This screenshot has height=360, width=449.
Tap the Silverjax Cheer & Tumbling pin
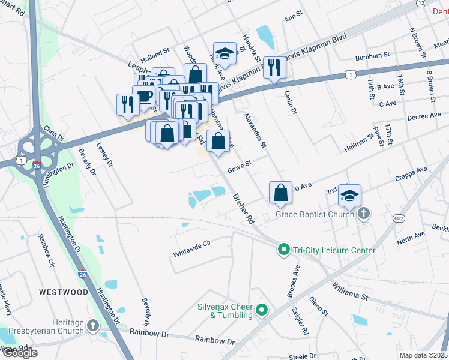click(x=261, y=310)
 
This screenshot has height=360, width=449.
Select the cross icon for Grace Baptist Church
click(x=364, y=214)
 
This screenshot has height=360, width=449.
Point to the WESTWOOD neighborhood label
click(x=64, y=292)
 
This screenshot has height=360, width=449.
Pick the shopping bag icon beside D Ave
click(x=280, y=193)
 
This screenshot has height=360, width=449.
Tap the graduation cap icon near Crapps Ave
click(x=349, y=196)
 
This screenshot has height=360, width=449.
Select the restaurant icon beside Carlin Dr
click(x=274, y=68)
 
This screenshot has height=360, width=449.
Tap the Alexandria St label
click(x=255, y=129)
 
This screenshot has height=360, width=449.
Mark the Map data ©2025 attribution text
click(x=424, y=355)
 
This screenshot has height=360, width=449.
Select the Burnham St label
click(x=372, y=56)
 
